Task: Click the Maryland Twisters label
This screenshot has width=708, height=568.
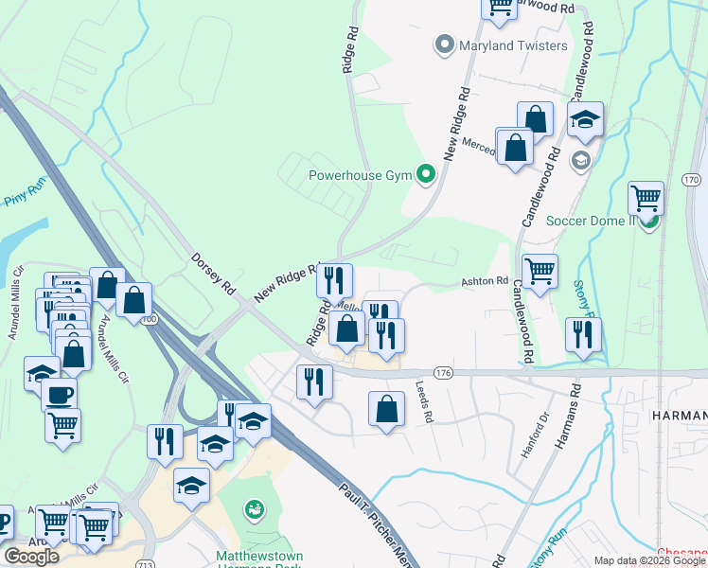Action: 513,44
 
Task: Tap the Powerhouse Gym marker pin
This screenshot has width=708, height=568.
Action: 426,174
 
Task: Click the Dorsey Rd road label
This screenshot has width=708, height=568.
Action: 213,271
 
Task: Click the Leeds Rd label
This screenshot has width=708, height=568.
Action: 424,402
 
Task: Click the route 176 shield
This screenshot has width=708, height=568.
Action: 445,374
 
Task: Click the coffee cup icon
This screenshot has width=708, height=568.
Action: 59,394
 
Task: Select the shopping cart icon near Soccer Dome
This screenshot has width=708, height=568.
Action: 646,198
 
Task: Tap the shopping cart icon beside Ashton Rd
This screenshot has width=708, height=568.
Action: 540,271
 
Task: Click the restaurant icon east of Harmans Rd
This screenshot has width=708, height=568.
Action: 583,334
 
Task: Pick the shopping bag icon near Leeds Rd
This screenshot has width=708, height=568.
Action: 386,409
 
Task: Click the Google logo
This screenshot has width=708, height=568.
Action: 32,557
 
